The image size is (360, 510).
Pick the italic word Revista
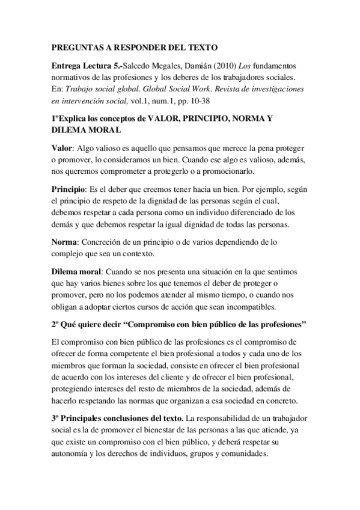tap(217, 90)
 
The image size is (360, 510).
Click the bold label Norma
tap(64, 242)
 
